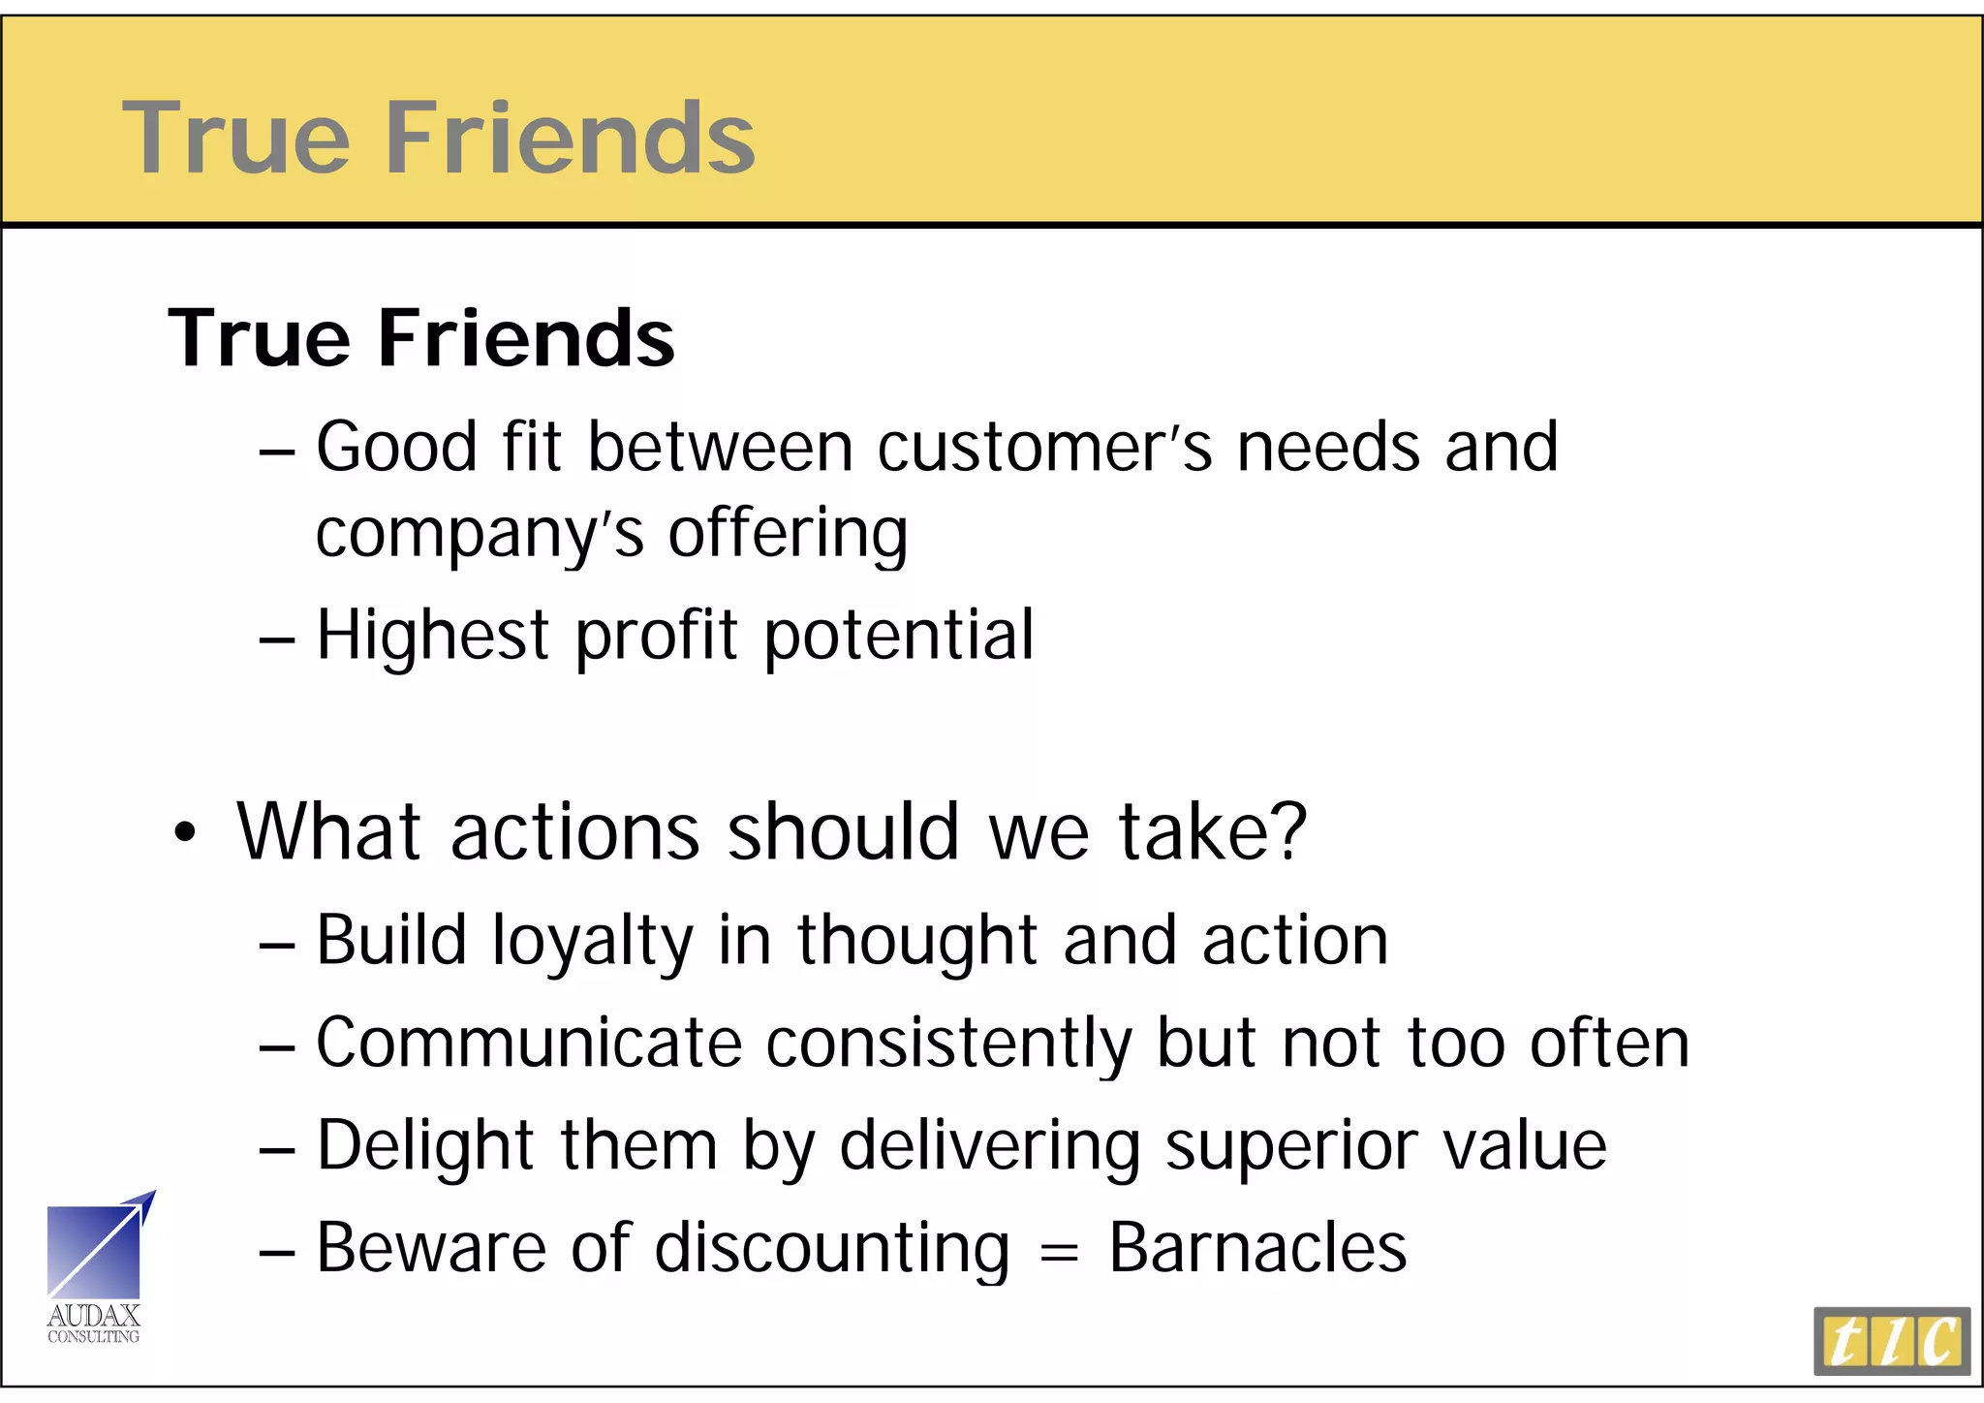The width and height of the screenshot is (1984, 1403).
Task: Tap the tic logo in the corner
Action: [x=1891, y=1341]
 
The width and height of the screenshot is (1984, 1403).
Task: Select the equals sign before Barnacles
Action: [x=1058, y=1252]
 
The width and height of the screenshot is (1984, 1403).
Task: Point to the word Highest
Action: [x=433, y=635]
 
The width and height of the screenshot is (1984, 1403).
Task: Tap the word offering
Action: [x=788, y=534]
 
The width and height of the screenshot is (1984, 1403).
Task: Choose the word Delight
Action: [x=425, y=1145]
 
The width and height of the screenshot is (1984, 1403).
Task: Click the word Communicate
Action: [x=529, y=1043]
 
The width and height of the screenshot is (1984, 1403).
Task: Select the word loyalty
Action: [x=592, y=941]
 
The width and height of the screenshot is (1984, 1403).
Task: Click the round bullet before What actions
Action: [x=184, y=833]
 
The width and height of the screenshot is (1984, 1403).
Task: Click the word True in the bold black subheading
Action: [x=259, y=338]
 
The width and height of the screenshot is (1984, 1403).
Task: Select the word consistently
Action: [x=948, y=1043]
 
